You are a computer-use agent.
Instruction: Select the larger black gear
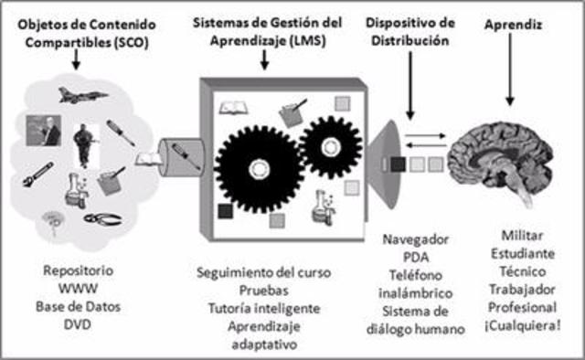pyautogui.click(x=256, y=166)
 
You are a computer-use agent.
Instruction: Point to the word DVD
pyautogui.click(x=77, y=323)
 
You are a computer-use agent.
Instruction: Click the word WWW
pyautogui.click(x=77, y=289)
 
